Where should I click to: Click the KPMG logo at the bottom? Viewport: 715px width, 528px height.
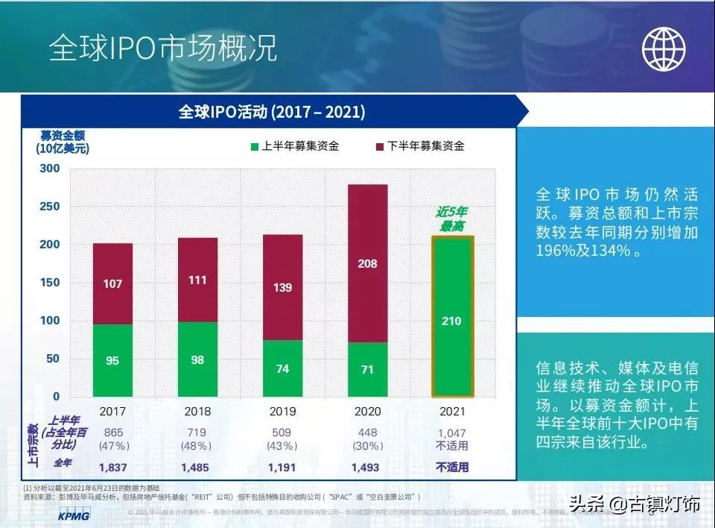[74, 515]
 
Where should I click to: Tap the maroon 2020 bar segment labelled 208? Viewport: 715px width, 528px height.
[367, 263]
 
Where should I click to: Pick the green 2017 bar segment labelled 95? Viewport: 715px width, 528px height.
[112, 360]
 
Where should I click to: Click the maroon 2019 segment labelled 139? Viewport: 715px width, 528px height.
[282, 287]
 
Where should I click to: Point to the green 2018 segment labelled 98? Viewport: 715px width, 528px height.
[197, 359]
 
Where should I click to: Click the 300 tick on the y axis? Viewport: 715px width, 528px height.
[49, 169]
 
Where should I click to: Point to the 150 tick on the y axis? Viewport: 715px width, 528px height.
[49, 283]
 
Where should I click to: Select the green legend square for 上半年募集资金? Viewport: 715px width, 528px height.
[253, 147]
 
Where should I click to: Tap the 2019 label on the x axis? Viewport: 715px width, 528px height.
[282, 411]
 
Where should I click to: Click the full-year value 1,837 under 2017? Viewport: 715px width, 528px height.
[113, 468]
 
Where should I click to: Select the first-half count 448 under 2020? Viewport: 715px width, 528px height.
[367, 433]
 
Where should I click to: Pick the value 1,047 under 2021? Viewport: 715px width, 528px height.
[452, 433]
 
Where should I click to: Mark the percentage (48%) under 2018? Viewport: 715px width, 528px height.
[197, 446]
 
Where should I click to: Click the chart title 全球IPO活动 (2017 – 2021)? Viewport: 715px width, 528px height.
[271, 112]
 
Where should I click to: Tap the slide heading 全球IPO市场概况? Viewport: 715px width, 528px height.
[163, 48]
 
